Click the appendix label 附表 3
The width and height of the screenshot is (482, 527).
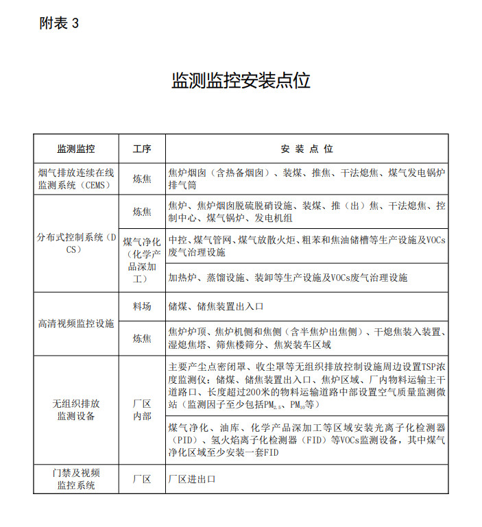(x=60, y=23)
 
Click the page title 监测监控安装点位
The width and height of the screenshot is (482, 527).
(x=241, y=80)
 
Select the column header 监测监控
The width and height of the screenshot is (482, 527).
(x=75, y=149)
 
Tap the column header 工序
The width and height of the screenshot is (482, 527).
(x=142, y=149)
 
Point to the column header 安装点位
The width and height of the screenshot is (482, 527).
(x=306, y=149)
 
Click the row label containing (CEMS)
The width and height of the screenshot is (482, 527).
(x=75, y=178)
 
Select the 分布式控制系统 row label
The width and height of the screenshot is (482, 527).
(x=75, y=243)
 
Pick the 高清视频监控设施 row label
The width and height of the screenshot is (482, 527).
(x=75, y=322)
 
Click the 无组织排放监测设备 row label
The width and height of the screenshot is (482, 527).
(x=75, y=409)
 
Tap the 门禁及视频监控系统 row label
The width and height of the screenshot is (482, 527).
(x=75, y=478)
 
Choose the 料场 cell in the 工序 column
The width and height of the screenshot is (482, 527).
(x=142, y=306)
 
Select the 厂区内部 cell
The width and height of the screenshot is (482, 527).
(x=142, y=409)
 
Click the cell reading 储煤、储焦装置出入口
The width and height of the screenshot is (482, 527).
(x=216, y=306)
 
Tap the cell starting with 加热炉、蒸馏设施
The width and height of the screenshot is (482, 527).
(x=288, y=278)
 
